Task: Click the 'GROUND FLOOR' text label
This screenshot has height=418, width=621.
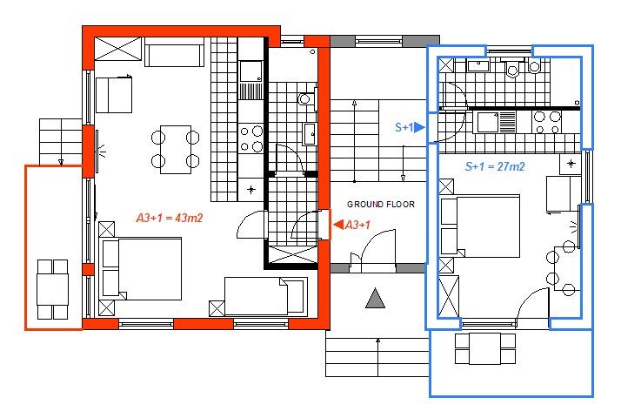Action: pos(381,205)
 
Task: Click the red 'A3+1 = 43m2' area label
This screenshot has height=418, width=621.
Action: pos(170,218)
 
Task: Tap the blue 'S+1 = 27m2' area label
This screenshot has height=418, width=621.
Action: pos(495,166)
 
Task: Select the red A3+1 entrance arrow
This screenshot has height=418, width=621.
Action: pos(338,225)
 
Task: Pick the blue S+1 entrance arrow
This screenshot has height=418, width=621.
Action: pos(420,127)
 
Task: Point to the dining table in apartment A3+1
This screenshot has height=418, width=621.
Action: pos(176,150)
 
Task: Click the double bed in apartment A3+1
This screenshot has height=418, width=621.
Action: pos(142,269)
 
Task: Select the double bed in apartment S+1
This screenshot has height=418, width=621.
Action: pos(480,226)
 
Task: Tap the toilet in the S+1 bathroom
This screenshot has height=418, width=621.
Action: pos(512,67)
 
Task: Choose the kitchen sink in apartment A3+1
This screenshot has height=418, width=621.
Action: pos(250,71)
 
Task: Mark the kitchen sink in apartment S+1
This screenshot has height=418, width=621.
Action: pos(488,122)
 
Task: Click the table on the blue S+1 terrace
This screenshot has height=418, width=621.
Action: pos(485,349)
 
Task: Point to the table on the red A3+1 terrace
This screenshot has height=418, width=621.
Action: pos(53,289)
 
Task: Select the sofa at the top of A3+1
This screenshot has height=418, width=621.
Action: pos(174,52)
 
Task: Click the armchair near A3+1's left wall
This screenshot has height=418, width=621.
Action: pos(114,95)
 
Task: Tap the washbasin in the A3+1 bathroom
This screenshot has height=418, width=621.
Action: pos(310,134)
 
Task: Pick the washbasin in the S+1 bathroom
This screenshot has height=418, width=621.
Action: pos(478,65)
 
